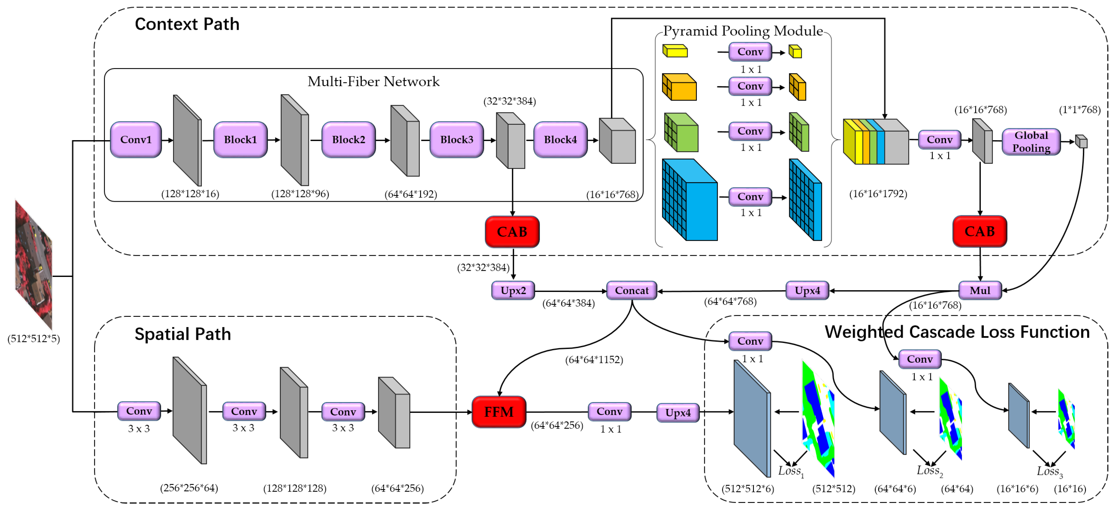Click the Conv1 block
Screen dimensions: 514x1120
coord(136,140)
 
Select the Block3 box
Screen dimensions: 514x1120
coord(457,140)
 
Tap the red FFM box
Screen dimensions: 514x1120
coord(499,412)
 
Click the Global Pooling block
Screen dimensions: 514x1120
coord(1031,142)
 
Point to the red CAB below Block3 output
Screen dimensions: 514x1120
coord(512,232)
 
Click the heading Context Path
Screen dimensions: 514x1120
coord(187,24)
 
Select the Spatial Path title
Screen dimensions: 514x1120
coord(183,334)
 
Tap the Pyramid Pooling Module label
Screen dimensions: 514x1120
coord(743,31)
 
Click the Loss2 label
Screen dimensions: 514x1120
coord(929,470)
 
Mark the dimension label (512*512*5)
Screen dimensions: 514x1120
coord(33,339)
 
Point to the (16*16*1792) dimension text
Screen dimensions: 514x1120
coord(878,194)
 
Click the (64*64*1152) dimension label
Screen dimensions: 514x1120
coord(594,360)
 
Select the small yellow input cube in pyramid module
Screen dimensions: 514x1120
coord(675,51)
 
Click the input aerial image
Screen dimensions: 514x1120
coord(33,265)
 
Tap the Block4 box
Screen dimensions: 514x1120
coord(560,140)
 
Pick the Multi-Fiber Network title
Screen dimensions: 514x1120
coord(373,82)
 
